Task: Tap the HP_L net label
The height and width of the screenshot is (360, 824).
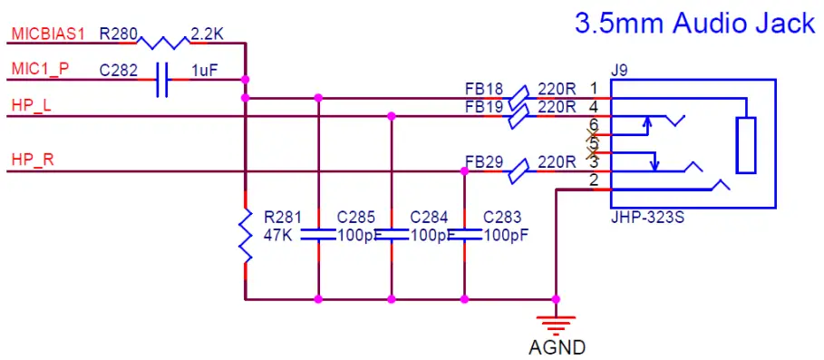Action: point(31,105)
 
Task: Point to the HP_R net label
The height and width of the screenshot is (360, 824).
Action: point(32,161)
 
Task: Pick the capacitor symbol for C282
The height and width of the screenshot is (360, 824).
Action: point(163,80)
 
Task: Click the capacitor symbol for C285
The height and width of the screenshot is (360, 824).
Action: point(318,235)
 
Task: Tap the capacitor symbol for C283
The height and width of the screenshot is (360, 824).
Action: point(464,235)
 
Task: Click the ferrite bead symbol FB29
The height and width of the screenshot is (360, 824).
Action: point(517,170)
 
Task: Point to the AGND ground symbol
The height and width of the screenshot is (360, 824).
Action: point(556,322)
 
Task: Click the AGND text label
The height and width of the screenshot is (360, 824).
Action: point(557,347)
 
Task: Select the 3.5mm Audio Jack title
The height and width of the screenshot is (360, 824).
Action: point(695,23)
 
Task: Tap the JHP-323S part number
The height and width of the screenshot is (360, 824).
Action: point(646,218)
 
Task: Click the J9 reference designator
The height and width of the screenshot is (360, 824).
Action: point(620,70)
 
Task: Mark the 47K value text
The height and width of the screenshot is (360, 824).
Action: point(279,235)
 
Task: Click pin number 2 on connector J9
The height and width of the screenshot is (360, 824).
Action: point(594,180)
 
